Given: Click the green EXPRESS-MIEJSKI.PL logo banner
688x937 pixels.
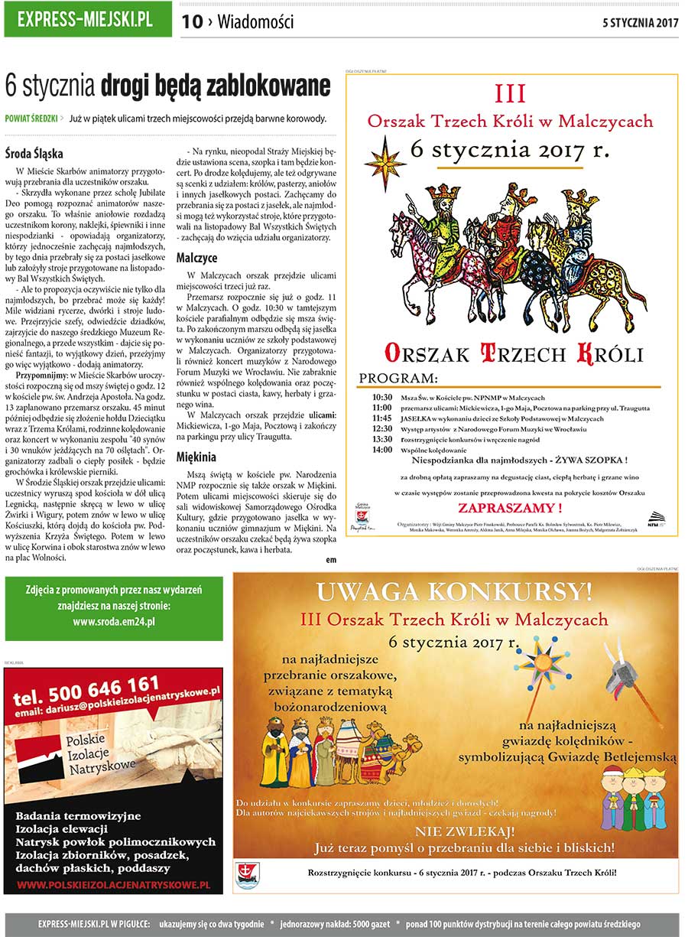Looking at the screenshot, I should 88,20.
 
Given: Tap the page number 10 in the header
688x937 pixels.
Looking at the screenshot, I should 192,22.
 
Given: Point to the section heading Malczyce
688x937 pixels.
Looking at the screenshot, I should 196,258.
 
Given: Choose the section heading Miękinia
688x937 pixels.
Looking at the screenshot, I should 196,457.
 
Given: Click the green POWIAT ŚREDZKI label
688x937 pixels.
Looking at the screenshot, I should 31,119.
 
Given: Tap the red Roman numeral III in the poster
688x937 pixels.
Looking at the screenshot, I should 511,94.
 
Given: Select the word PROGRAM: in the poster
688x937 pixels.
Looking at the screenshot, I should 398,379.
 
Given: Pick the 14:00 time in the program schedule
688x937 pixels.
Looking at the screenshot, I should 382,450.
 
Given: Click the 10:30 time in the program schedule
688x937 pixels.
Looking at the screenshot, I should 382,398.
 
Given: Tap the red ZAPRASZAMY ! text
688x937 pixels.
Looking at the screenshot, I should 511,508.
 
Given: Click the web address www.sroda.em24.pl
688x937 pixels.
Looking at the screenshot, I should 114,621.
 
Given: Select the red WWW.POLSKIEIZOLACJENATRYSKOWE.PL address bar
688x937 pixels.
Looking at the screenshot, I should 113,884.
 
